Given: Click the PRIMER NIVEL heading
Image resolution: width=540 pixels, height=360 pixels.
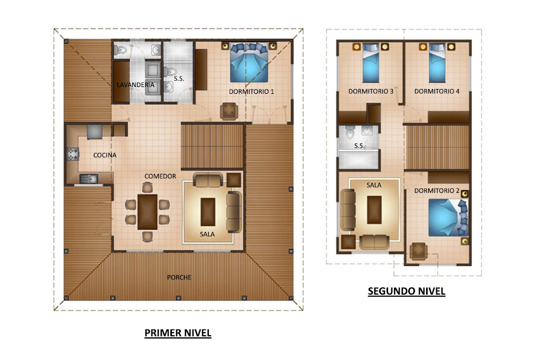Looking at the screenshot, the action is (x=178, y=333).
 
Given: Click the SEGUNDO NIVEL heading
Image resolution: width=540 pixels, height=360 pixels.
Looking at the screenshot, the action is (x=407, y=291).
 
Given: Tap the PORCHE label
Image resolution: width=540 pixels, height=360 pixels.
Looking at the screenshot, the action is (x=179, y=277).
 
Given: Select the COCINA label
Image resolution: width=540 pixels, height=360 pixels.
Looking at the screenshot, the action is (x=105, y=155).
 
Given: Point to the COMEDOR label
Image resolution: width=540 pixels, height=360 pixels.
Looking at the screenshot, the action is (x=160, y=176).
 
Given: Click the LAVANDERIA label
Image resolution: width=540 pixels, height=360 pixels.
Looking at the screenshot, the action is (x=136, y=85).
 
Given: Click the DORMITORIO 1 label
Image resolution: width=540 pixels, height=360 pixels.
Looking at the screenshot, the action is (x=252, y=92).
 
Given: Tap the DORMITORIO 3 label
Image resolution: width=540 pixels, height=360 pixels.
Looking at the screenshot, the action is (x=371, y=91).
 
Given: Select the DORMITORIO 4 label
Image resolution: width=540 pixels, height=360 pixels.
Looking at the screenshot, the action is (x=437, y=91).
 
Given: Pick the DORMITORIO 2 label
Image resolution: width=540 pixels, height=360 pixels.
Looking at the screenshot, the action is (x=437, y=191).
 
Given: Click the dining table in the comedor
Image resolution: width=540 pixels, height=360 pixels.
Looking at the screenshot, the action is (x=148, y=212).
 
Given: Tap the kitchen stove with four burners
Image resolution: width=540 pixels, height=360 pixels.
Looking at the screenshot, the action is (x=73, y=154).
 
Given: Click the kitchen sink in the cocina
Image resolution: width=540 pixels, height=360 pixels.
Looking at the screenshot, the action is (x=89, y=179).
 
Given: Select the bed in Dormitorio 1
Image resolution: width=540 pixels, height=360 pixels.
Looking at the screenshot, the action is (x=249, y=62).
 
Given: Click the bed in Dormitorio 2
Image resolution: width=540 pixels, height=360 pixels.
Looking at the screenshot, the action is (x=448, y=218).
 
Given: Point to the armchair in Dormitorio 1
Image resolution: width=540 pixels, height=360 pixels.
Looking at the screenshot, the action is (x=229, y=111).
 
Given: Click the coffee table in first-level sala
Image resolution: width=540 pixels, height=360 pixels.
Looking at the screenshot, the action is (x=208, y=212).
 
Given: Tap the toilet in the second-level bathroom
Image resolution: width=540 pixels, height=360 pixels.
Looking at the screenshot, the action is (x=350, y=132).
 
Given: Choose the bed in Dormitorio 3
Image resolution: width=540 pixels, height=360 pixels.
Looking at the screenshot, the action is (x=371, y=63).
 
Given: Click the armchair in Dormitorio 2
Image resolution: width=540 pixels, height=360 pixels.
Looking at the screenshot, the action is (x=418, y=251).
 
